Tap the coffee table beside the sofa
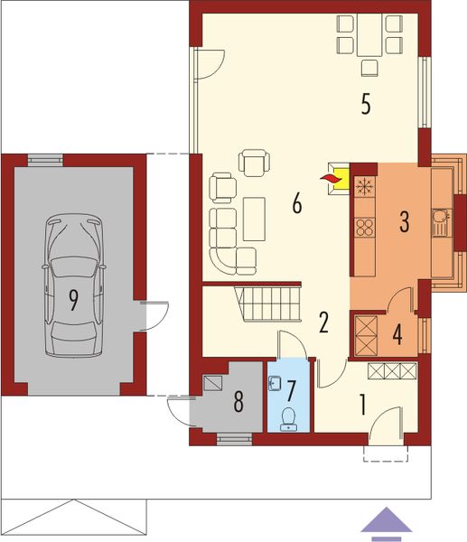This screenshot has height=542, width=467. point(254,218)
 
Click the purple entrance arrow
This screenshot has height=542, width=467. point(386,522)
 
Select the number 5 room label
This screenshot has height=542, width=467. point(365,104)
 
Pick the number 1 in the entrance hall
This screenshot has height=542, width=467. point(362,405)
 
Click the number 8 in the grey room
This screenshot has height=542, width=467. point(238,402)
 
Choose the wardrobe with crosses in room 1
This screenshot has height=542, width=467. point(391,369)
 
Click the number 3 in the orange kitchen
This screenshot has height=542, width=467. point(404,221)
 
